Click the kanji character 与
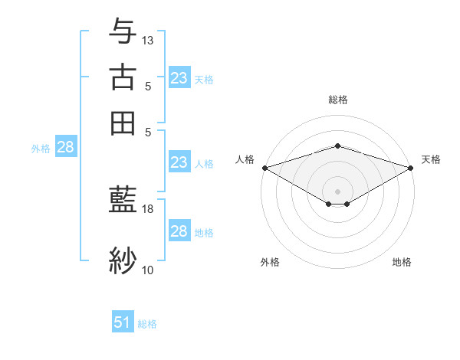click(123, 33)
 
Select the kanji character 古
click(123, 77)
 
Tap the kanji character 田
click(123, 123)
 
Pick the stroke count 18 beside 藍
click(148, 208)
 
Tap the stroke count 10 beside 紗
click(148, 270)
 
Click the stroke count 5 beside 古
click(147, 87)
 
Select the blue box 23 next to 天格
click(179, 77)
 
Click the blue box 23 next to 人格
click(179, 162)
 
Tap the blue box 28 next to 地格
click(179, 231)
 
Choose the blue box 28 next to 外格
click(65, 148)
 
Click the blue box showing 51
click(123, 322)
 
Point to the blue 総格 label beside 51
click(147, 324)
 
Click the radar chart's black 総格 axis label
click(337, 100)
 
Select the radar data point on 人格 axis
click(264, 168)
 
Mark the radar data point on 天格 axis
click(410, 168)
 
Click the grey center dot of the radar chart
click(337, 191)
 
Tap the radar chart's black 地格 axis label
click(402, 263)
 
